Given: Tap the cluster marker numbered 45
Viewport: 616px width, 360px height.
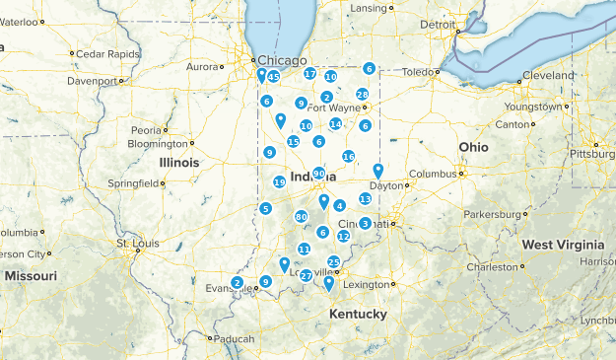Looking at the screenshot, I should (273, 77).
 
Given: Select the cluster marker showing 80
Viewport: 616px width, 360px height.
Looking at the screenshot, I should (301, 217).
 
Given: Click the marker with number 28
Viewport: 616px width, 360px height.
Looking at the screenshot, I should (363, 95).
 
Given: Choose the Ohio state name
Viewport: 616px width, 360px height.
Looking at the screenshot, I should (472, 146).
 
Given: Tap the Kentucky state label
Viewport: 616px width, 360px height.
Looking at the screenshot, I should (358, 314).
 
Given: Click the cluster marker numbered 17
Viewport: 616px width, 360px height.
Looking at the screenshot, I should (310, 74).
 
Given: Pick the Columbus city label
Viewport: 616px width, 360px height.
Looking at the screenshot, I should (434, 174).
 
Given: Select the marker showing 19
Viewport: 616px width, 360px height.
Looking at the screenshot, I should (280, 182).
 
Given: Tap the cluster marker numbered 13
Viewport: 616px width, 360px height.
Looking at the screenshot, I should (366, 199).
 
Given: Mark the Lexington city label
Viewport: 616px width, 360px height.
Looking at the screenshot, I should (366, 284).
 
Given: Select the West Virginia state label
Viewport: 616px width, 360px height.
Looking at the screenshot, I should (563, 244).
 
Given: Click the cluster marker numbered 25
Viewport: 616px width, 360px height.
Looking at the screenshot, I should (334, 261).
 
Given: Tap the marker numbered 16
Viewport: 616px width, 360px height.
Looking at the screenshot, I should (349, 157).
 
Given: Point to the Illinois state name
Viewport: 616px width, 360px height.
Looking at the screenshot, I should (179, 162).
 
